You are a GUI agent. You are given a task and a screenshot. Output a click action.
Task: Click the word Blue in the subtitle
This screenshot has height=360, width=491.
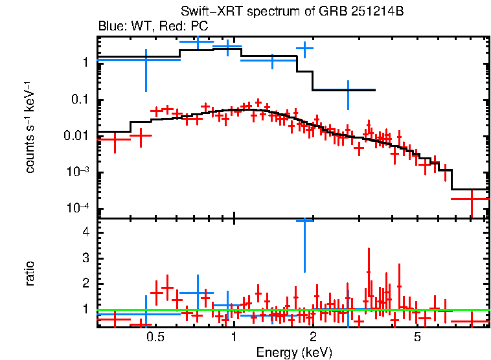pyautogui.click(x=111, y=27)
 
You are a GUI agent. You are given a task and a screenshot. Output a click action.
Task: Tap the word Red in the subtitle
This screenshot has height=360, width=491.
pyautogui.click(x=164, y=27)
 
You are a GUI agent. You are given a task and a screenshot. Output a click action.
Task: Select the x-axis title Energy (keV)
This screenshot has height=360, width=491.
pyautogui.click(x=294, y=352)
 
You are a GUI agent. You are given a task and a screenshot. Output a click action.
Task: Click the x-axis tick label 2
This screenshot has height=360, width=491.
pyautogui.click(x=313, y=337)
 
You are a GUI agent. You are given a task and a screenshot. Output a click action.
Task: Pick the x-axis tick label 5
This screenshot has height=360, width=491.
pyautogui.click(x=418, y=337)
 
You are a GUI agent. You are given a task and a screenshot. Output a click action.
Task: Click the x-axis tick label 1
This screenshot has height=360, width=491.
pyautogui.click(x=234, y=337)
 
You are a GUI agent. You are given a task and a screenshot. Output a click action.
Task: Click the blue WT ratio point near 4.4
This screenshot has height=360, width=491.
pyautogui.click(x=304, y=221)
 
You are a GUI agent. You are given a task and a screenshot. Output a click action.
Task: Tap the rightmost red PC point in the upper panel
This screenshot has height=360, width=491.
pyautogui.click(x=471, y=199)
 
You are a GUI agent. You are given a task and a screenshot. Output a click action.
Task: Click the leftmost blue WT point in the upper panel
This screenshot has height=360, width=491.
pyautogui.click(x=146, y=60)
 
